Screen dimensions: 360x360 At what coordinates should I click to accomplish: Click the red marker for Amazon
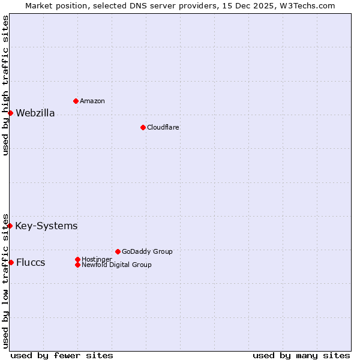click(76, 101)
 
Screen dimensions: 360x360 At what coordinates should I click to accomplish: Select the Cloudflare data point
click(143, 127)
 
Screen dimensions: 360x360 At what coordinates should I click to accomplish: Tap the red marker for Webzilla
click(10, 113)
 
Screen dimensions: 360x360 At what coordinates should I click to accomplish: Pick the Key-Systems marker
click(10, 226)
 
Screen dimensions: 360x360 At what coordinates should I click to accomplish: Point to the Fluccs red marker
click(11, 262)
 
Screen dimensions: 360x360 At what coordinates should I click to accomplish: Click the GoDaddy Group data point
click(118, 251)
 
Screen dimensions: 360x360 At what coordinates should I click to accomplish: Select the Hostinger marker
click(77, 259)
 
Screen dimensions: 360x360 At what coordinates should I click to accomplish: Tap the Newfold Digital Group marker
click(77, 265)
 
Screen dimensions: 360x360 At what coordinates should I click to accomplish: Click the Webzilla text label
click(35, 113)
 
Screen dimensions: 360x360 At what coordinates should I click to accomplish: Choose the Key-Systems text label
click(46, 226)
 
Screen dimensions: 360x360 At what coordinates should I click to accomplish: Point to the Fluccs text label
click(31, 263)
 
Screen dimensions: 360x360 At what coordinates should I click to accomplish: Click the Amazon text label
click(92, 101)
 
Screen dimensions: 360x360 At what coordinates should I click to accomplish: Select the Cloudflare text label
click(163, 128)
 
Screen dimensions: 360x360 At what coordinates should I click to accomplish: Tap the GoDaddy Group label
click(147, 252)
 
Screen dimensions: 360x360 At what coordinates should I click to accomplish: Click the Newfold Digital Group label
click(117, 265)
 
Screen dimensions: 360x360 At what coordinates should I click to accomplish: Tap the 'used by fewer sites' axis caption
click(62, 356)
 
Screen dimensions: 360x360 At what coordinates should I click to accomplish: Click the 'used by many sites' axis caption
click(301, 356)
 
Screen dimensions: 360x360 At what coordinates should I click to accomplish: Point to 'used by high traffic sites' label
click(6, 85)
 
